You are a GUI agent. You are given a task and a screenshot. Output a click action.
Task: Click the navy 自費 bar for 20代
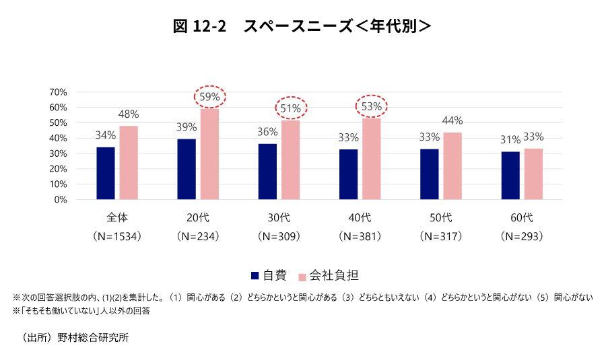(x=187, y=169)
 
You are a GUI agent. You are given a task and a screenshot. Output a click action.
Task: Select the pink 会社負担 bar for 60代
(x=533, y=174)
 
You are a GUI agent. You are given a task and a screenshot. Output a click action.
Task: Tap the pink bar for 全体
(x=129, y=162)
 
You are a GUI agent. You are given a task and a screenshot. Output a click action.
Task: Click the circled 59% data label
(x=210, y=97)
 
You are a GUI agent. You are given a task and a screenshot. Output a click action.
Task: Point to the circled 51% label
(x=291, y=108)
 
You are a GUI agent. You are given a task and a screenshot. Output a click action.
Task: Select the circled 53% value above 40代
(x=372, y=106)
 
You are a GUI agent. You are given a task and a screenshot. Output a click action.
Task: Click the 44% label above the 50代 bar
(x=452, y=120)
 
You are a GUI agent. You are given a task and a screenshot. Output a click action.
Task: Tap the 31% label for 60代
(x=510, y=140)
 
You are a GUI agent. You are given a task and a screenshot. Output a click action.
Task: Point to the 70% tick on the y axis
(x=58, y=92)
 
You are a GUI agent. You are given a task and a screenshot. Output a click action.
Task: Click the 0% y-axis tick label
(x=61, y=199)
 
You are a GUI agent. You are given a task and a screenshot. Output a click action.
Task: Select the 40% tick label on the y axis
(x=58, y=138)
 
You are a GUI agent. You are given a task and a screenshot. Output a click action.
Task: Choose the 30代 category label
(x=279, y=217)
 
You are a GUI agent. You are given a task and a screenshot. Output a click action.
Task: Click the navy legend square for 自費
(x=255, y=275)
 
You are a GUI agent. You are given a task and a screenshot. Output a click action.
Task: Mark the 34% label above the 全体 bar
(x=106, y=135)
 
